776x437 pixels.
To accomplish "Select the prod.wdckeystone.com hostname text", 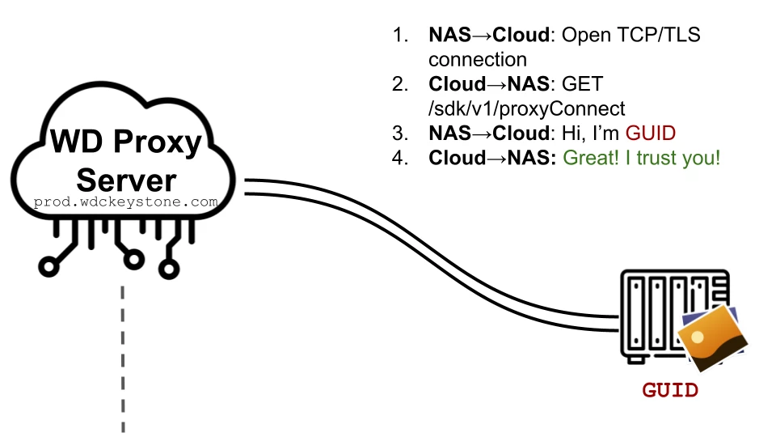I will (x=125, y=202).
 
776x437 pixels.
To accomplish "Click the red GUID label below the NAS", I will (x=670, y=390).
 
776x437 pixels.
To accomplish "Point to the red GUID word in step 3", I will (x=651, y=133).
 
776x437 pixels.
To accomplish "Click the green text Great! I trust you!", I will (x=641, y=157).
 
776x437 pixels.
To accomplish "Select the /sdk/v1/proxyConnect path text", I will (x=526, y=108).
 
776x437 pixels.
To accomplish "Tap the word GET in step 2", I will (x=582, y=84).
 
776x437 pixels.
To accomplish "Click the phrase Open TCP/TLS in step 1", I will (x=631, y=36).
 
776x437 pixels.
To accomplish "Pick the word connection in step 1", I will (x=477, y=60).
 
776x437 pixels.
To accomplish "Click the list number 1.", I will (x=399, y=36).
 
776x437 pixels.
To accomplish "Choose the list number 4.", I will (x=399, y=157).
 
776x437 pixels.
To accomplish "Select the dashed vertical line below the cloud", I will (x=124, y=356).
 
